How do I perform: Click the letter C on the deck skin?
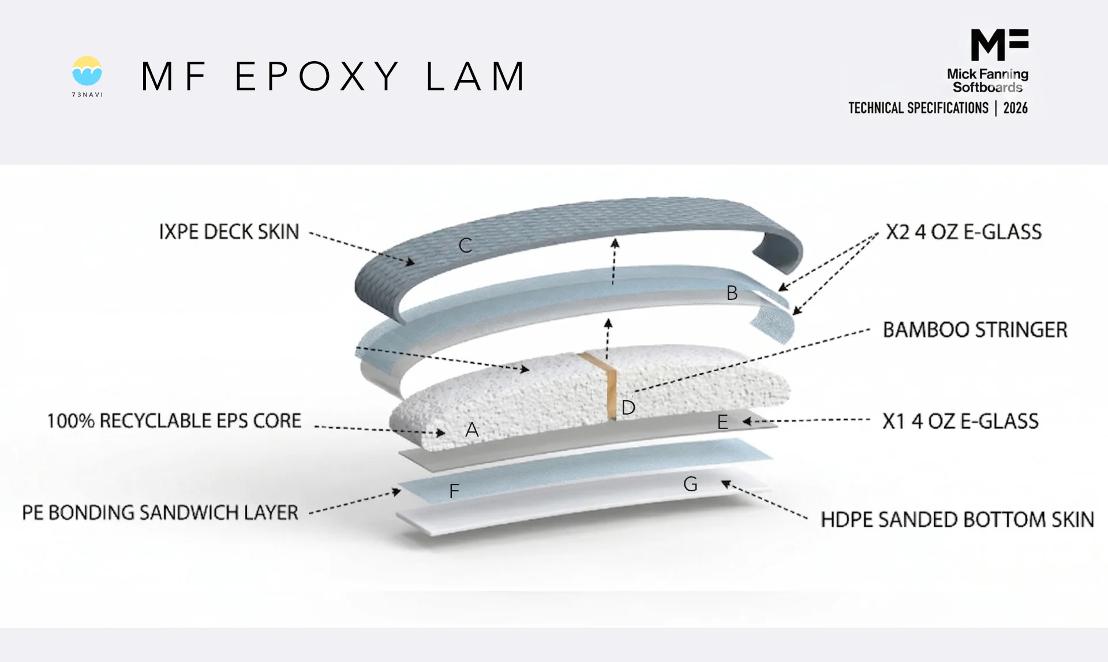coord(465,246)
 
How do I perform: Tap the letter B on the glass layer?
coord(732,293)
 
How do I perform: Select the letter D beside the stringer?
coord(628,408)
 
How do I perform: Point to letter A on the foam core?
coord(471,430)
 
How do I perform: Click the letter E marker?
coord(722,422)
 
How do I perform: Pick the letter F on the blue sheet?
coord(454,491)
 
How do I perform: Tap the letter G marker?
coord(690,484)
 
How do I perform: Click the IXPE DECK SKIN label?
coord(229,232)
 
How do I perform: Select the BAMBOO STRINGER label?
coord(975,330)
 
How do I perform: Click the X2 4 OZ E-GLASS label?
coord(963,232)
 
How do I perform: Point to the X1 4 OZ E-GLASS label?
coord(960,421)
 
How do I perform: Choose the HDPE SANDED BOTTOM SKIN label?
coord(957,520)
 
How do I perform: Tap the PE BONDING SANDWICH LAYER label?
coord(160,513)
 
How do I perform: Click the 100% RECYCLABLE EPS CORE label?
coord(174,421)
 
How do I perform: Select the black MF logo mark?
coord(999,44)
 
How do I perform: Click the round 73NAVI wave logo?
coord(87,72)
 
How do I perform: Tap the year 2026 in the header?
coord(1015,108)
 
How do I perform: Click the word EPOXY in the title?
coord(317,76)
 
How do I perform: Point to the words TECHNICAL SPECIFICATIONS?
coord(918,108)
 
